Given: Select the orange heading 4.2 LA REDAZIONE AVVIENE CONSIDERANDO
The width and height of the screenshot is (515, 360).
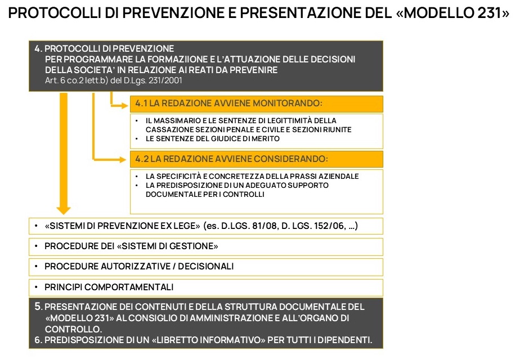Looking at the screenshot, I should [231, 159].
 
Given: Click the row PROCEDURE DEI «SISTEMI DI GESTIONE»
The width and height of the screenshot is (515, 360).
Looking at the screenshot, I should [131, 246].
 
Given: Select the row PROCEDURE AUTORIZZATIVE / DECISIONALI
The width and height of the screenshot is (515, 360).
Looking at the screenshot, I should [139, 266].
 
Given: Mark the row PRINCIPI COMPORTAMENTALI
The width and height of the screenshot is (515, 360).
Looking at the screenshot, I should [109, 287].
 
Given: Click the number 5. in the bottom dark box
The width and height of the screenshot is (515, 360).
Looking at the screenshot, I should [38, 307].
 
